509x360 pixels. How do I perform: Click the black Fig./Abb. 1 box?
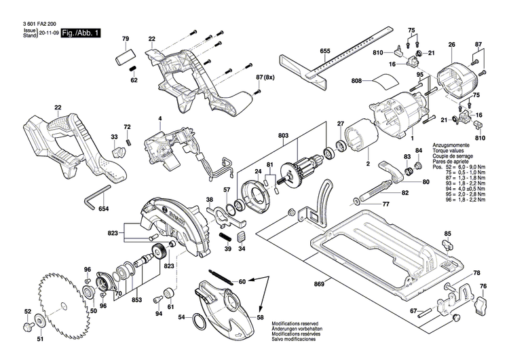(x=80, y=33)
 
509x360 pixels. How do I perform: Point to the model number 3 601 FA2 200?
(x=31, y=22)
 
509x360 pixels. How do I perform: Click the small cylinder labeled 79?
(x=125, y=56)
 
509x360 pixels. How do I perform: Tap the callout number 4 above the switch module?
(x=160, y=120)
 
